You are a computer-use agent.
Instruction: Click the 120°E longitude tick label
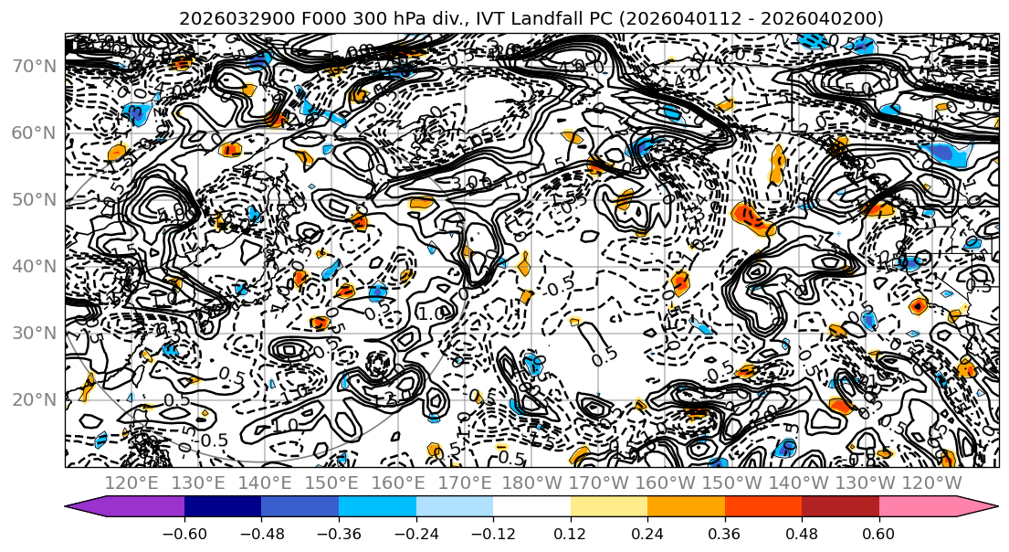click(x=133, y=483)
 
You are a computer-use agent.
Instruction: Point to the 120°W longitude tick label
click(x=931, y=483)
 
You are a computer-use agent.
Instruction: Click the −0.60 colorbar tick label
click(x=184, y=534)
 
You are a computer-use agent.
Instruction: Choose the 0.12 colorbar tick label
click(x=571, y=534)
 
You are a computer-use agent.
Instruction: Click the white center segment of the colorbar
click(x=531, y=507)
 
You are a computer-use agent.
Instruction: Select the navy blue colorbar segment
click(x=223, y=507)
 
